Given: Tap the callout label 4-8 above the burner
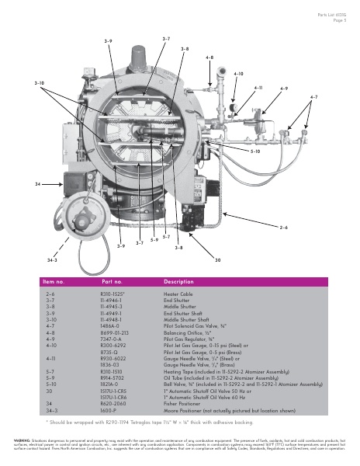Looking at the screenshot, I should click(209, 58).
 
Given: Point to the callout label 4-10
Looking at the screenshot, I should click(238, 73).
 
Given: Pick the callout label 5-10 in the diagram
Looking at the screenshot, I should click(255, 151).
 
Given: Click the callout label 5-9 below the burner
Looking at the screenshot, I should click(154, 239).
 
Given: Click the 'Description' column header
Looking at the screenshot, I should click(178, 281).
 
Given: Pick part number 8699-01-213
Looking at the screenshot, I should click(114, 332).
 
